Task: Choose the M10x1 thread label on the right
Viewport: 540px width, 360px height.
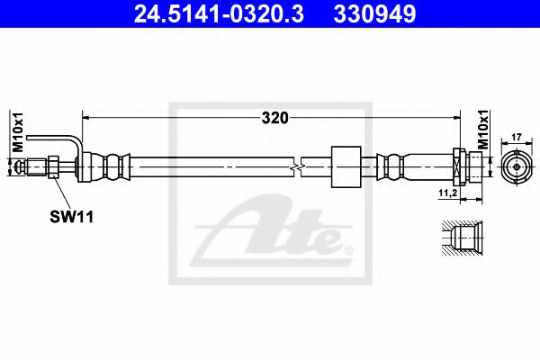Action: coord(481,130)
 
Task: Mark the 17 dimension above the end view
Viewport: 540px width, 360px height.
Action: coord(515,138)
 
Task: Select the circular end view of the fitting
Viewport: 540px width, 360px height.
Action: coord(515,166)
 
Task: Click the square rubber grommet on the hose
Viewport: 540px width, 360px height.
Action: coord(345,166)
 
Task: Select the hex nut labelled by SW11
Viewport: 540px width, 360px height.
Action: coord(56,166)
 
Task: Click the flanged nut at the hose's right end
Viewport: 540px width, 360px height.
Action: coord(458,166)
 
